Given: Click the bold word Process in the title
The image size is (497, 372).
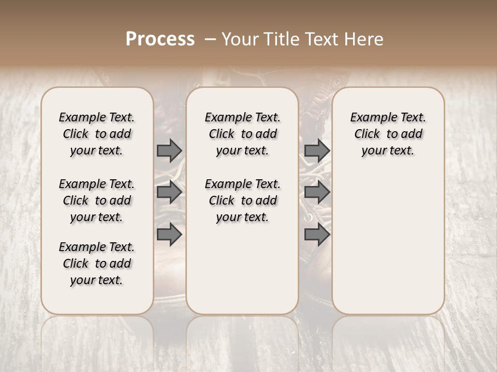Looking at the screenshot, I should point(160,39).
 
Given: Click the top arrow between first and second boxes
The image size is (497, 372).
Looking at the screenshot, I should point(169,150).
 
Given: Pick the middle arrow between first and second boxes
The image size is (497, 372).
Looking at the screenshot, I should point(169,192).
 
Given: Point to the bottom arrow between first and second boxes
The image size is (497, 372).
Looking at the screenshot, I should point(169,234).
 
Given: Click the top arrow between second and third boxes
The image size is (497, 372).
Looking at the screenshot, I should point(317,150).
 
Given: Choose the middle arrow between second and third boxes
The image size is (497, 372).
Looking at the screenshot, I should point(317,192).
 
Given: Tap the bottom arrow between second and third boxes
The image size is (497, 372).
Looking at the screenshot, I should point(317,234).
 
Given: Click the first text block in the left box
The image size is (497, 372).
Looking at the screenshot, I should point(97,134).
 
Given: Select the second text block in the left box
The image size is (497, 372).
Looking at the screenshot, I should point(97,200).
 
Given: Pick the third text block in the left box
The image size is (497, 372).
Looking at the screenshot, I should point(97,263).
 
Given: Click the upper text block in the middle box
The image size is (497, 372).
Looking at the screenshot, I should point(242,134).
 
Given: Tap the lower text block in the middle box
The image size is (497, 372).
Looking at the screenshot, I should point(242,200).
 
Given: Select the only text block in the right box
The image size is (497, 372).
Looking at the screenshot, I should point(388,134).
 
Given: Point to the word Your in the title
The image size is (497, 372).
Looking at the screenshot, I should point(238,39).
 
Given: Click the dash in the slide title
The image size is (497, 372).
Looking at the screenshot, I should point(210,39).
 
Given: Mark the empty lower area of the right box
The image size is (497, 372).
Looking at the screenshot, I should point(388,238).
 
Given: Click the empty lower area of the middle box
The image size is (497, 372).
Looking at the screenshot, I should point(242,269).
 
